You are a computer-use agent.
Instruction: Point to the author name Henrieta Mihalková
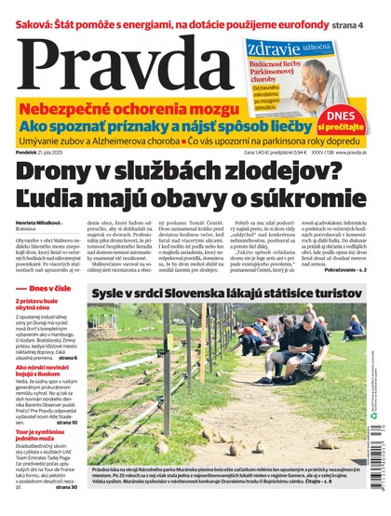(38, 222)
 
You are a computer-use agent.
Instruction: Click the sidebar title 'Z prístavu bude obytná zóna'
(43, 305)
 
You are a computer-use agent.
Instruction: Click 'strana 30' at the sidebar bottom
(65, 486)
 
